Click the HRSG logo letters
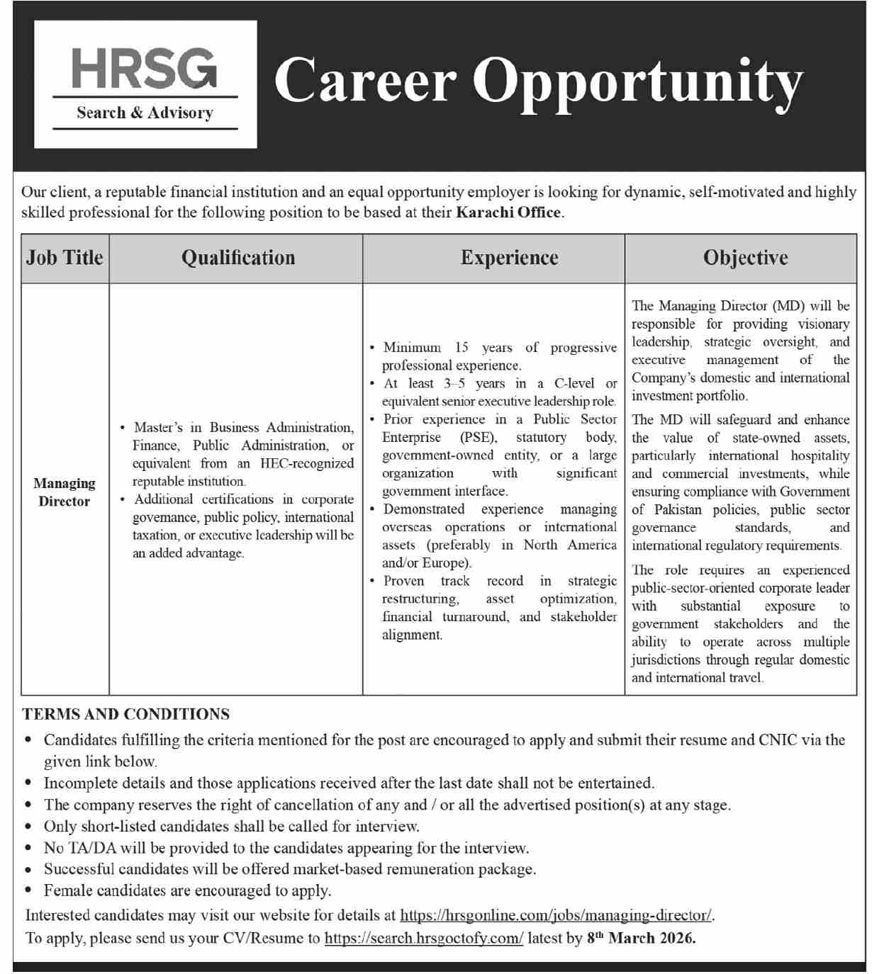click(x=145, y=68)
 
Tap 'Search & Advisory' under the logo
click(x=145, y=113)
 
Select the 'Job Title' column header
click(x=65, y=258)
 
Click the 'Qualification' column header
click(x=238, y=258)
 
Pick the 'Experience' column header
click(x=509, y=258)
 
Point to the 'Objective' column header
click(x=745, y=258)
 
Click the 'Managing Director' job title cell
click(x=64, y=492)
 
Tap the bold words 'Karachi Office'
click(x=508, y=213)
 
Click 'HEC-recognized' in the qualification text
click(x=307, y=463)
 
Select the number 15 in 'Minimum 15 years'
click(x=462, y=348)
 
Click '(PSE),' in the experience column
click(x=479, y=438)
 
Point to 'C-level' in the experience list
click(x=574, y=383)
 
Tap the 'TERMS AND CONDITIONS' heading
click(x=126, y=714)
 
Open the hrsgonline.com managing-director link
click(x=557, y=915)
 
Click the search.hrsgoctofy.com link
click(x=423, y=939)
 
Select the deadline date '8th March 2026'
click(x=641, y=939)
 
